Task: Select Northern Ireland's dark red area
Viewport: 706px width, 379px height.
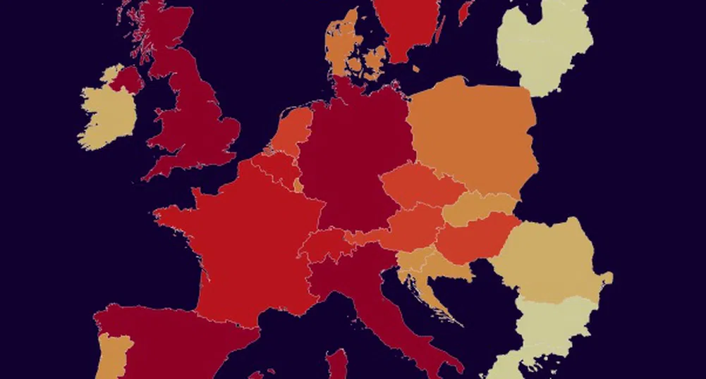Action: (x=126, y=79)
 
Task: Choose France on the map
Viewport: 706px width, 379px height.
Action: (x=240, y=240)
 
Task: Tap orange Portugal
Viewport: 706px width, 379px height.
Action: (x=113, y=356)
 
